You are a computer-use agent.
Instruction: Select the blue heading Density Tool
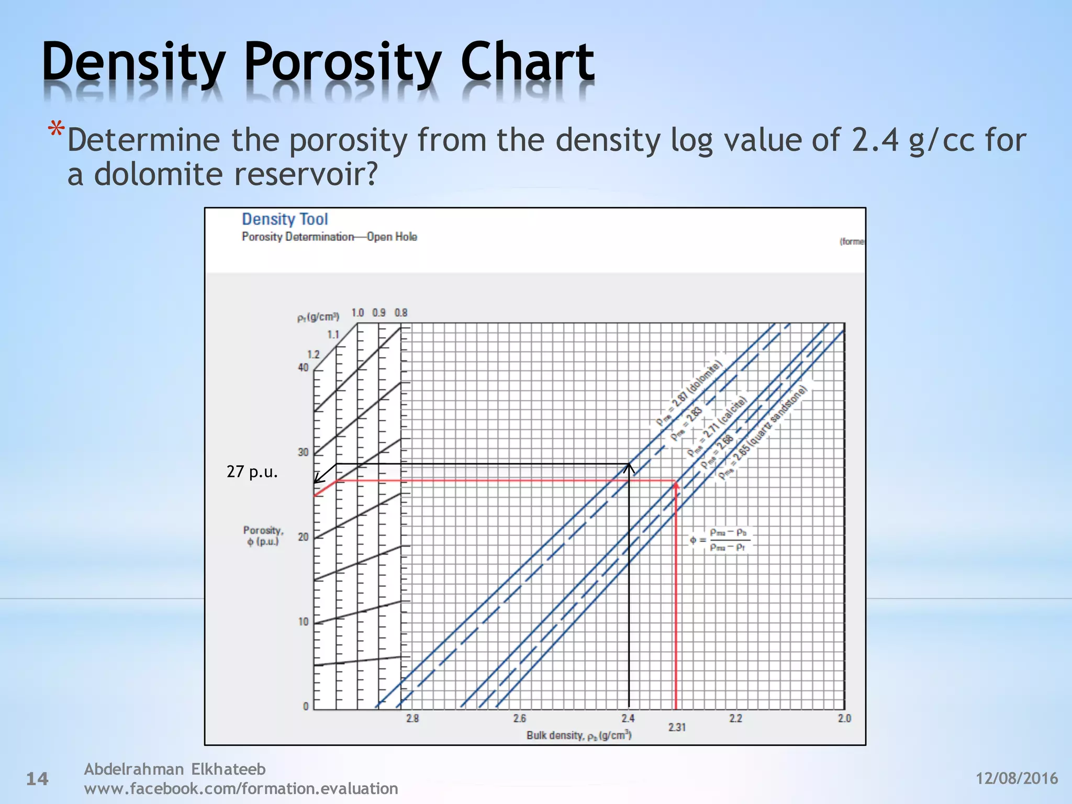(285, 219)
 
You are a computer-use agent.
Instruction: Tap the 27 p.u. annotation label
(252, 472)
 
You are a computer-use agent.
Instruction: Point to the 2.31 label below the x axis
(677, 728)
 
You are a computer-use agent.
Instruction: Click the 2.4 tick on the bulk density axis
(628, 718)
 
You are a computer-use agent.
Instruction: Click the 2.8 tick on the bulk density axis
(412, 718)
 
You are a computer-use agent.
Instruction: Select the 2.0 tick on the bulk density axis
(844, 718)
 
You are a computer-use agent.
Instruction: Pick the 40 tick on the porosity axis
(303, 367)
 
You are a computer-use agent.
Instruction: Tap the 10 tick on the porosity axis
(303, 622)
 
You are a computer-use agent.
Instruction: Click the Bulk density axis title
(579, 735)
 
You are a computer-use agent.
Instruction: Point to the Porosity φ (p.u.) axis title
(263, 535)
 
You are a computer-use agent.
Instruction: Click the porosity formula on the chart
(720, 540)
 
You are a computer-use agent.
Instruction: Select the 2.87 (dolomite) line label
(689, 392)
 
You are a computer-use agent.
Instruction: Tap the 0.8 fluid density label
(401, 312)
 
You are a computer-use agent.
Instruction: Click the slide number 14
(37, 779)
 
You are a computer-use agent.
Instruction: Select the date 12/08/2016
(1017, 778)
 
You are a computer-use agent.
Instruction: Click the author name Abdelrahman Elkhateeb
(175, 769)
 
